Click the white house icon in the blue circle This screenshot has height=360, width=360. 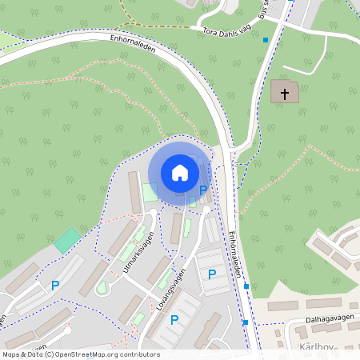(179, 172)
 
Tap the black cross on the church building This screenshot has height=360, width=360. (284, 92)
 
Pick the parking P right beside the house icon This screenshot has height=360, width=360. (203, 190)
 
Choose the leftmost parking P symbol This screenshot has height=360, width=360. (55, 285)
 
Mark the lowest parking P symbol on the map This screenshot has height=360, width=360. (174, 320)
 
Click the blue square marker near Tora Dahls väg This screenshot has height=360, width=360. (266, 38)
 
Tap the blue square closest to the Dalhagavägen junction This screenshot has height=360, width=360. (246, 322)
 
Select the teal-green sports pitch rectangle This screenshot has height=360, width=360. (67, 240)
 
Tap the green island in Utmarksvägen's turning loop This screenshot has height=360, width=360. (102, 287)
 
